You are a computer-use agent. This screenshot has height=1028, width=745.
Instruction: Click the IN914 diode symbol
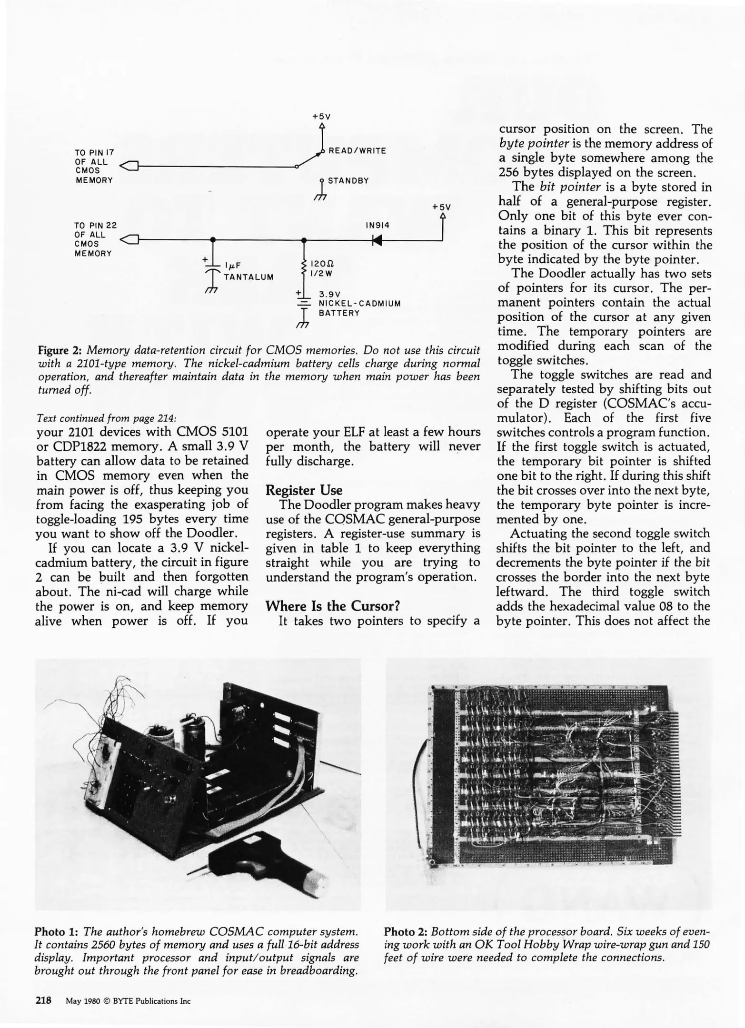coord(377,240)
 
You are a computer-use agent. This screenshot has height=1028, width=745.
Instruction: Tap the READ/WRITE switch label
coord(357,151)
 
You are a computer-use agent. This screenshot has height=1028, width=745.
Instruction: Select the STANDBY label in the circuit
coord(348,181)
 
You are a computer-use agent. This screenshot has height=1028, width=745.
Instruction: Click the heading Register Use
coord(304,490)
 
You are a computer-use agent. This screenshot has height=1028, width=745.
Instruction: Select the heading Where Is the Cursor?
coord(332,606)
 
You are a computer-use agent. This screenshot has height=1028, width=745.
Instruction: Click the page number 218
coord(43,1000)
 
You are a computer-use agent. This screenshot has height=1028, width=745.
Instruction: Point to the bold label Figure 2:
coord(60,351)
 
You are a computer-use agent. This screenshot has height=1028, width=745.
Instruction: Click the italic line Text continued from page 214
coord(106,418)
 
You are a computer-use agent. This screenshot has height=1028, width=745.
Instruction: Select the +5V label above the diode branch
coord(441,207)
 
